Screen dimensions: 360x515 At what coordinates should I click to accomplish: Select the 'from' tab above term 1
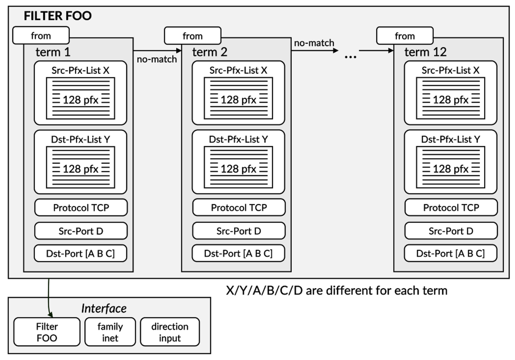pyautogui.click(x=41, y=36)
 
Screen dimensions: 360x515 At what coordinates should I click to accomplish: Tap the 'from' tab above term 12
pyautogui.click(x=404, y=36)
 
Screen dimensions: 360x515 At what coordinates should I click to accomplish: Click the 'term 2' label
pyautogui.click(x=210, y=52)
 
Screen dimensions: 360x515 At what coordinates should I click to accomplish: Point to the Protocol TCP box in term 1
pyautogui.click(x=81, y=208)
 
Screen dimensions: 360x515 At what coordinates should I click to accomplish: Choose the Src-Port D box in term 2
pyautogui.click(x=238, y=231)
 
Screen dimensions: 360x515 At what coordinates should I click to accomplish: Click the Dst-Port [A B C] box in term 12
pyautogui.click(x=450, y=254)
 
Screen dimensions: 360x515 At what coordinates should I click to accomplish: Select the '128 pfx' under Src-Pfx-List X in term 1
pyautogui.click(x=81, y=100)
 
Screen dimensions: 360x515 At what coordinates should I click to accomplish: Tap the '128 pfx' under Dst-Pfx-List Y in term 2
pyautogui.click(x=238, y=169)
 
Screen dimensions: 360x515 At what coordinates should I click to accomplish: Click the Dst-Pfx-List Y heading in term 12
pyautogui.click(x=450, y=139)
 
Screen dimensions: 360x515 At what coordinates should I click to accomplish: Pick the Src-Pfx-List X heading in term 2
pyautogui.click(x=238, y=70)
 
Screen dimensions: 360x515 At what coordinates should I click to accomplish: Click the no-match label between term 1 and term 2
pyautogui.click(x=157, y=59)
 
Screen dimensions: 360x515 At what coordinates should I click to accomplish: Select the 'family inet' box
pyautogui.click(x=110, y=332)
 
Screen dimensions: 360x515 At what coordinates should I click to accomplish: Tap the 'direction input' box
pyautogui.click(x=170, y=332)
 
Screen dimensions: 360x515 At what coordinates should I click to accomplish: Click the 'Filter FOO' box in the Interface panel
pyautogui.click(x=47, y=332)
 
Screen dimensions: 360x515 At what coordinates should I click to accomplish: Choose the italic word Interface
pyautogui.click(x=104, y=309)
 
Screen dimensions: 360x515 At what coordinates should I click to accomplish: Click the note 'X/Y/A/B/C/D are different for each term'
pyautogui.click(x=336, y=291)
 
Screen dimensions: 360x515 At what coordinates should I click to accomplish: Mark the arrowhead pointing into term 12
pyautogui.click(x=390, y=51)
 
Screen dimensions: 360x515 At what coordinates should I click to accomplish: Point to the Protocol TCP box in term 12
pyautogui.click(x=450, y=208)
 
